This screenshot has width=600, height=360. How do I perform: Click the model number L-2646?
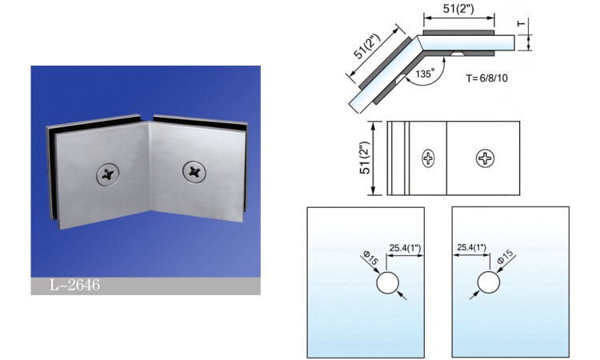tap(74, 285)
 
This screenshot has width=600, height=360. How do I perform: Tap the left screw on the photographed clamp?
tap(107, 174)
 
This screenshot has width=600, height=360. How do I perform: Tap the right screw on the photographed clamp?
tap(194, 172)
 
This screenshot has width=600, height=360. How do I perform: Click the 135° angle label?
tap(425, 73)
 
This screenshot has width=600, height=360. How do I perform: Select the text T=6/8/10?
tap(486, 78)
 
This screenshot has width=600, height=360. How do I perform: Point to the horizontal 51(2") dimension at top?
tap(458, 9)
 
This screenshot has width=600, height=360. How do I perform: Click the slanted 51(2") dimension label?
tap(367, 46)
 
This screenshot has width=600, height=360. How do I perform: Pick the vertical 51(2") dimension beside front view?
tap(365, 158)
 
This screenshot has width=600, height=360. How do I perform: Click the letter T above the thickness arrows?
tap(521, 23)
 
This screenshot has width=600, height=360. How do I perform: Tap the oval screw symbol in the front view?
tap(428, 158)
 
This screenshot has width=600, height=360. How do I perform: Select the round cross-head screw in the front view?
tap(486, 158)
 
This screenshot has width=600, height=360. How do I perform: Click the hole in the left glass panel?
tap(388, 283)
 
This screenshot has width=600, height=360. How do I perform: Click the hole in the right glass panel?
tap(489, 282)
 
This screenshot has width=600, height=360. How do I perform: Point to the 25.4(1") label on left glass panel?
tap(406, 248)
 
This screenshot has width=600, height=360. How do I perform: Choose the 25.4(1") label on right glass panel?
tap(471, 247)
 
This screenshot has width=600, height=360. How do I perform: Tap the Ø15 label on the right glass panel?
tap(505, 256)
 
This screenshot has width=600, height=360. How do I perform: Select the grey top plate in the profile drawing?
tap(459, 33)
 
